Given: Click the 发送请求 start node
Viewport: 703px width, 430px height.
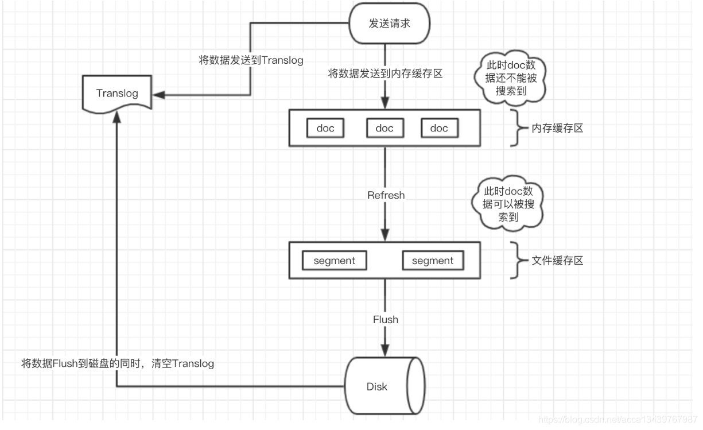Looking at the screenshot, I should point(389,24).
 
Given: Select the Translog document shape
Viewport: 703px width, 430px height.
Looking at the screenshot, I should point(117,94).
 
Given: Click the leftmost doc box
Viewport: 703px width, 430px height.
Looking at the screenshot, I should point(325,128).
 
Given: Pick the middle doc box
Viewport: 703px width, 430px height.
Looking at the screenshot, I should point(384,128).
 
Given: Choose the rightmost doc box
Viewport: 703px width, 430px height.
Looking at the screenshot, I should point(439,128).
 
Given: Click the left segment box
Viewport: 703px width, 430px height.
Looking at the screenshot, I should point(334,261).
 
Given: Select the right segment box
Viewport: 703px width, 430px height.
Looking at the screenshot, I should point(432,261).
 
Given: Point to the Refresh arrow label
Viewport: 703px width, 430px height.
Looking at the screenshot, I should point(386,195).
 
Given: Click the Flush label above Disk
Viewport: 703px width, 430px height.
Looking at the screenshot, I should point(386,319).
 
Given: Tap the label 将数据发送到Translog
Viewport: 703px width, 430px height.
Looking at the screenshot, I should point(251,60).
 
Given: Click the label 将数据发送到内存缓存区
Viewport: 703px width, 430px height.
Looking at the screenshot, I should point(384,73).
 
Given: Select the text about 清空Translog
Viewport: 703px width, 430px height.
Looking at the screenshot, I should point(118,363).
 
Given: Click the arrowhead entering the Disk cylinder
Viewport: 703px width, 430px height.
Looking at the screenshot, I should point(386,351).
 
